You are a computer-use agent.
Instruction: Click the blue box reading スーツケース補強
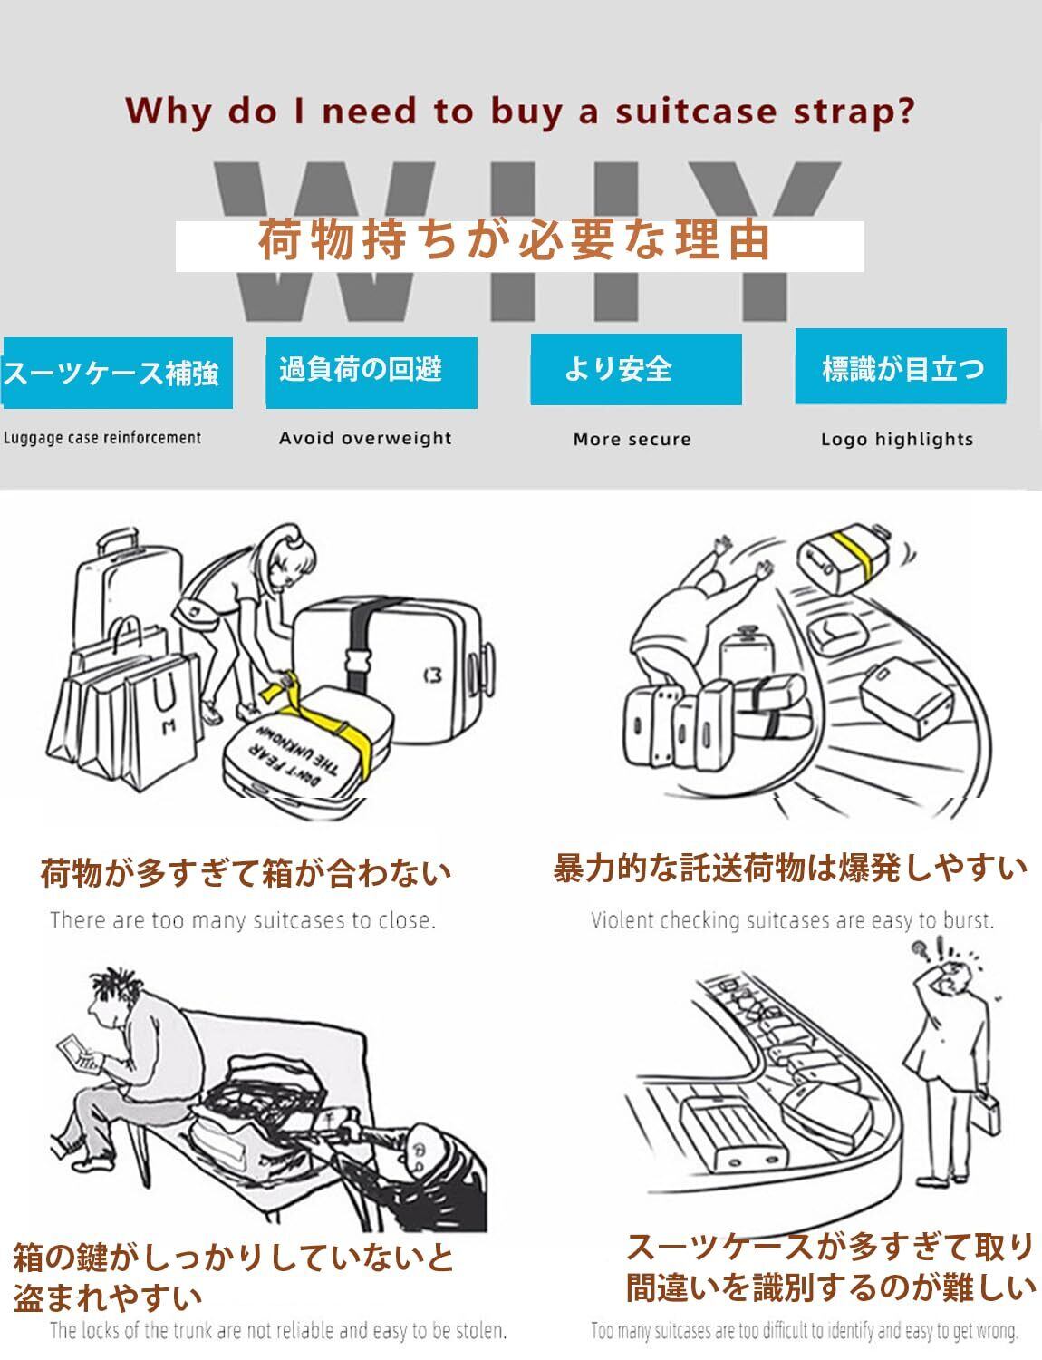coord(117,373)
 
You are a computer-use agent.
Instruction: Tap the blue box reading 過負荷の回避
coord(371,372)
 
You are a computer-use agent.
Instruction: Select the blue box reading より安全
coord(636,369)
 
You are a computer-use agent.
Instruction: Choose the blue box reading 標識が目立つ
coord(901,366)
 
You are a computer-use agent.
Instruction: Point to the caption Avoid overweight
coord(365,438)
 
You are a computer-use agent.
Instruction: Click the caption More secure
coord(632,440)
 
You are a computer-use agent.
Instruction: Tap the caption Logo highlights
coord(896,440)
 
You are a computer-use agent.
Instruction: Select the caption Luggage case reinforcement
coord(102,438)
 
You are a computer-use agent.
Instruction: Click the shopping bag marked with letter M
coord(163,707)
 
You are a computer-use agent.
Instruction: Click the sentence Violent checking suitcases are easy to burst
coord(792,921)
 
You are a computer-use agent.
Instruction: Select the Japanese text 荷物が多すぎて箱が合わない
coord(246,873)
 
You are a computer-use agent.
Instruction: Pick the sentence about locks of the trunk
coord(277,1331)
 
